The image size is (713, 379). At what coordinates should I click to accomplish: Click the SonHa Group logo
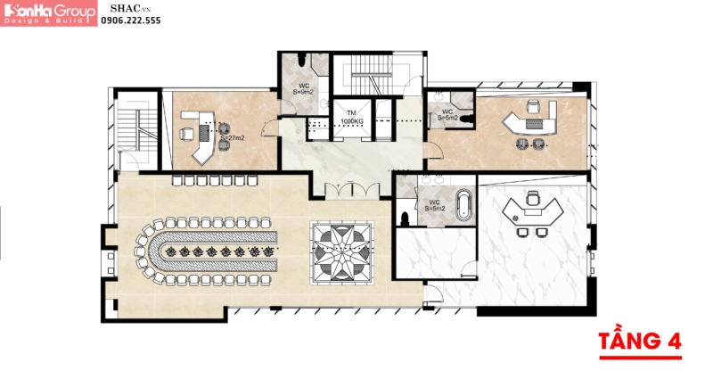click(x=49, y=12)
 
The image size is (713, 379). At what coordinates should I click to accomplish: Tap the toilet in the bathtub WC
click(x=406, y=216)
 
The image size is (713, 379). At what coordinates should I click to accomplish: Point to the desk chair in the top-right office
click(x=534, y=107)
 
